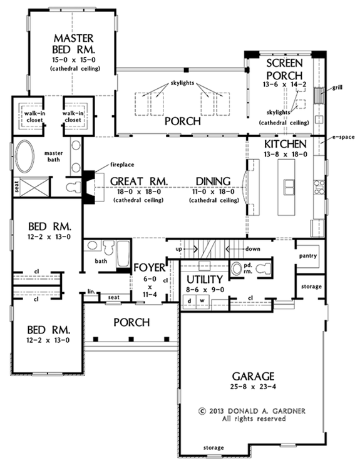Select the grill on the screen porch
pyautogui.click(x=319, y=95)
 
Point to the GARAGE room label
pyautogui.click(x=254, y=376)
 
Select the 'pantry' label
pyautogui.click(x=309, y=256)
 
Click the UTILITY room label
pyautogui.click(x=205, y=279)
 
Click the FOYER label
pyautogui.click(x=150, y=268)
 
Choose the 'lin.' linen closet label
pyautogui.click(x=91, y=292)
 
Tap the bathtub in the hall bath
pyautogui.click(x=123, y=254)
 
